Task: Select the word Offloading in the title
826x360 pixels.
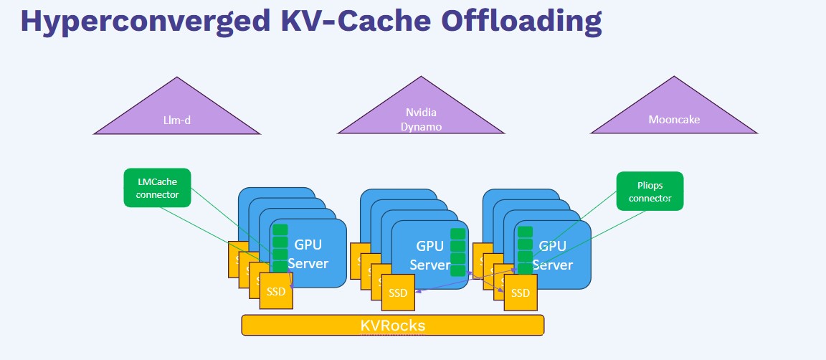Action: pyautogui.click(x=521, y=22)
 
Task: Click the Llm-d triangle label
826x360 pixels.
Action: pyautogui.click(x=176, y=120)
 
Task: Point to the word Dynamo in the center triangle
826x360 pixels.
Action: pyautogui.click(x=421, y=126)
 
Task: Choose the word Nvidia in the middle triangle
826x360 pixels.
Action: pyautogui.click(x=421, y=113)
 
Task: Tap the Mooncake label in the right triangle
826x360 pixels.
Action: pyautogui.click(x=673, y=120)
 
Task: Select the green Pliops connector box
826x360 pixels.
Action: pyautogui.click(x=650, y=191)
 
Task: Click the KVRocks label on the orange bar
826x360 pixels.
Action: pyautogui.click(x=392, y=326)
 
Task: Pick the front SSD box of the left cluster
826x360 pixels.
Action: pyautogui.click(x=276, y=292)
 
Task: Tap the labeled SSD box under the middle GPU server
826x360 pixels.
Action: pyautogui.click(x=398, y=293)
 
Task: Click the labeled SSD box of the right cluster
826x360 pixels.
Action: pyautogui.click(x=521, y=293)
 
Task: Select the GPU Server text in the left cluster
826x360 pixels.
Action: pyautogui.click(x=308, y=254)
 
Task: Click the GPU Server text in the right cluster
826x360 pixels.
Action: pyautogui.click(x=553, y=255)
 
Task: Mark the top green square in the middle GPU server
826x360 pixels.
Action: pyautogui.click(x=457, y=234)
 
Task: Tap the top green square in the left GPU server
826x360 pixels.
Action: pyautogui.click(x=280, y=230)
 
